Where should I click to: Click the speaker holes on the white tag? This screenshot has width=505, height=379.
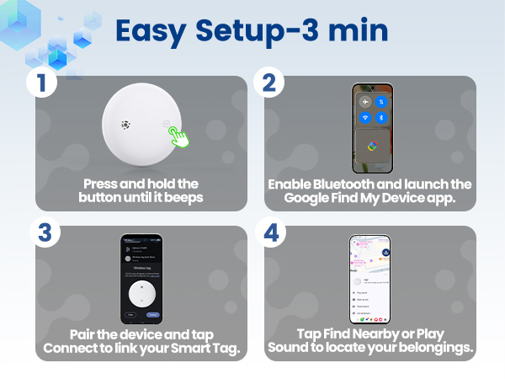[126, 125]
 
